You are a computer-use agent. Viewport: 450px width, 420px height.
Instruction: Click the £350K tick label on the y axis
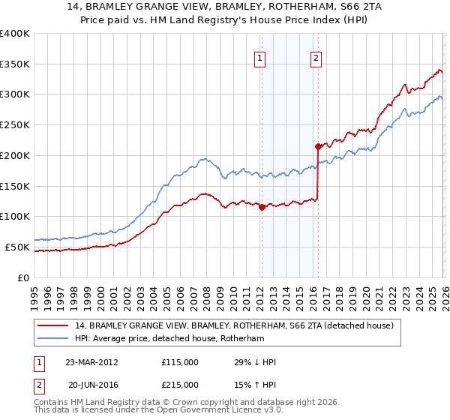click(x=15, y=64)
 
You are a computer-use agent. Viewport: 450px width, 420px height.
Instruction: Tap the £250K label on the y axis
click(x=15, y=125)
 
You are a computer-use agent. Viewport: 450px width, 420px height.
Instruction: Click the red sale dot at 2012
click(x=262, y=208)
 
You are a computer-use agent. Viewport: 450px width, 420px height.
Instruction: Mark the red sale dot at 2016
click(x=318, y=146)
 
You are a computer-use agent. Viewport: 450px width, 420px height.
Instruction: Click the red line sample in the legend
click(x=53, y=325)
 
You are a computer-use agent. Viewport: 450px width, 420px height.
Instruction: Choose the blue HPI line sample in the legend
click(x=53, y=338)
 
